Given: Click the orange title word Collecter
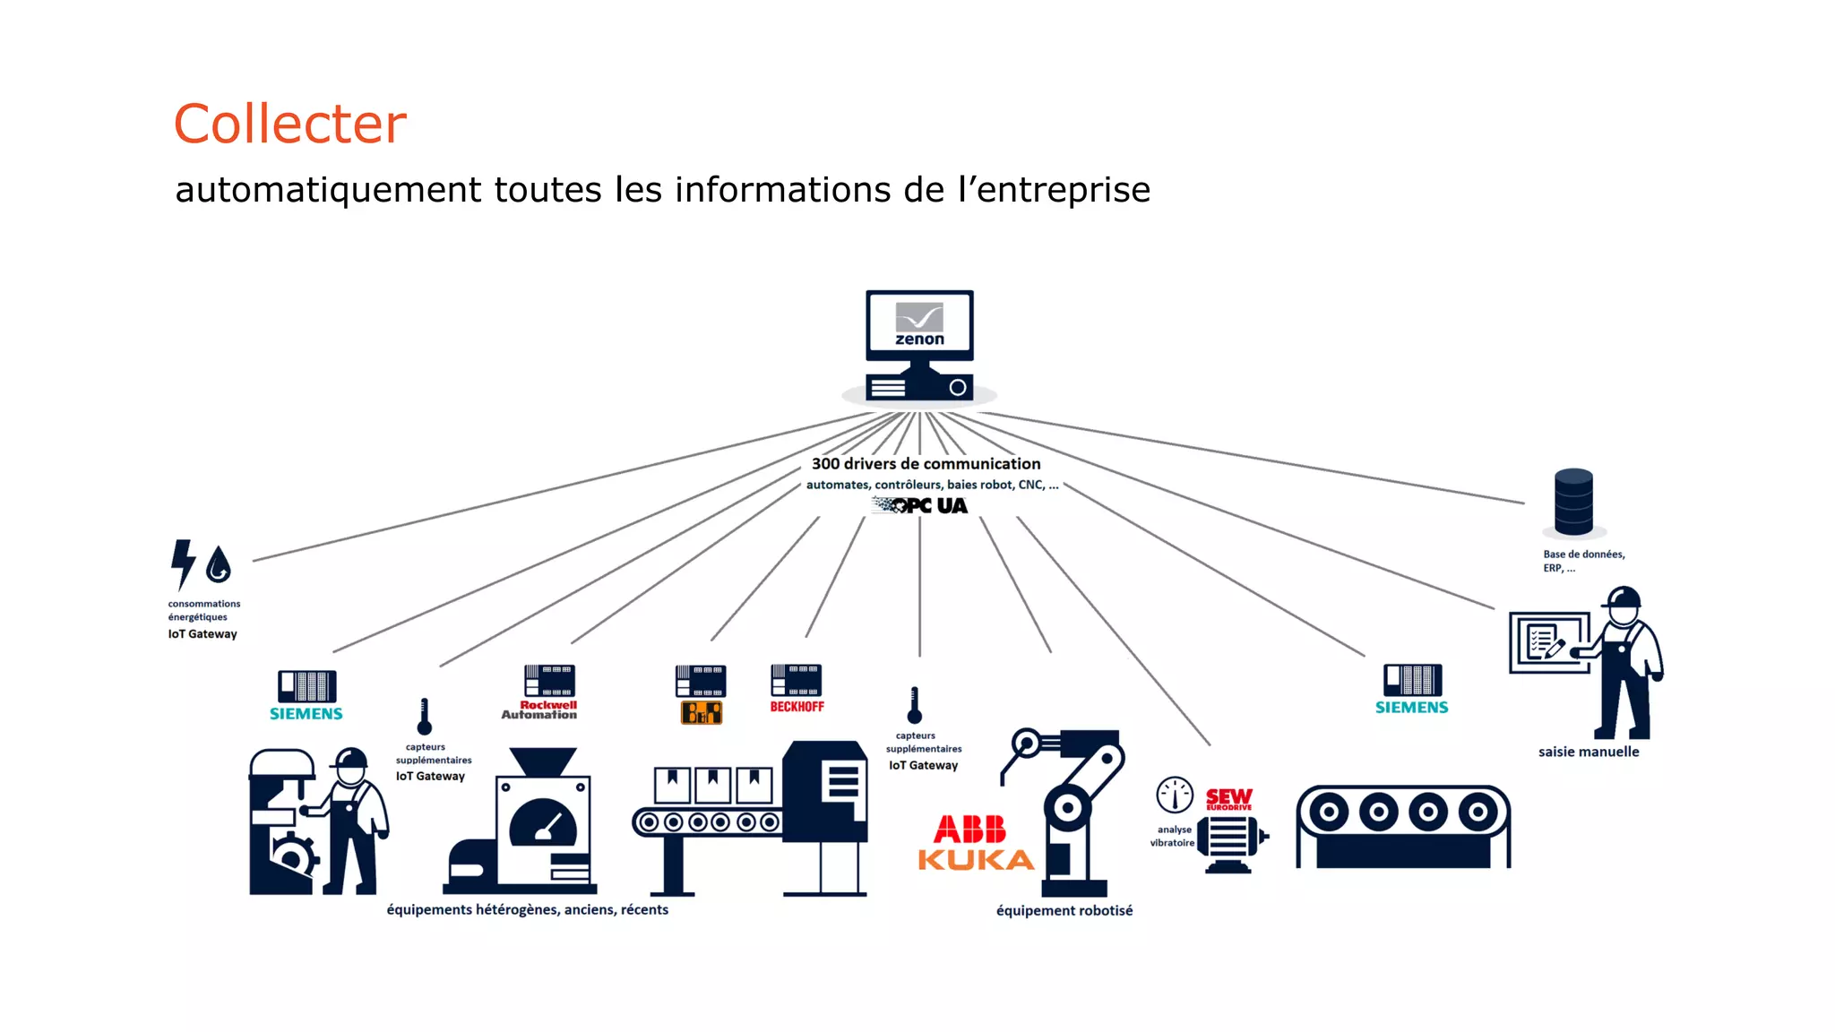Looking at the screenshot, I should click(289, 124).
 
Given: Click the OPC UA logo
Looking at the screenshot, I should click(921, 506).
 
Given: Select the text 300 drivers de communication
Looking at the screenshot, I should click(926, 464).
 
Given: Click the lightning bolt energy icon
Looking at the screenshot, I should click(183, 563).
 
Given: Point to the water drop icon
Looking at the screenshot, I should click(219, 565).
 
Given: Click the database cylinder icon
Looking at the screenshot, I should click(1573, 502).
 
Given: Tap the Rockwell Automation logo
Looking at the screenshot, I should click(539, 709).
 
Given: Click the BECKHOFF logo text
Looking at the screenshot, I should click(797, 707).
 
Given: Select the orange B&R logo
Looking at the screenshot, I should click(702, 713).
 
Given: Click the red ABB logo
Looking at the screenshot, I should click(970, 829).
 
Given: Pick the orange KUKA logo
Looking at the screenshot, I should click(976, 861).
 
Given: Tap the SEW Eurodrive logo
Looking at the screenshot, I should click(1228, 798).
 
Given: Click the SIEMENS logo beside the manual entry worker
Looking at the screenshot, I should click(1411, 708).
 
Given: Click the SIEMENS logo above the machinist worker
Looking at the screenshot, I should click(306, 714).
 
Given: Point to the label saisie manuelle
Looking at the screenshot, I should click(1589, 752).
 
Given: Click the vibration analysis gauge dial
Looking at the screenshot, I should click(1175, 795).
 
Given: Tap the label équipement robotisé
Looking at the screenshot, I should click(1064, 911).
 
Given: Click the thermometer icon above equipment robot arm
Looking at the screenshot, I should click(914, 706).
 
